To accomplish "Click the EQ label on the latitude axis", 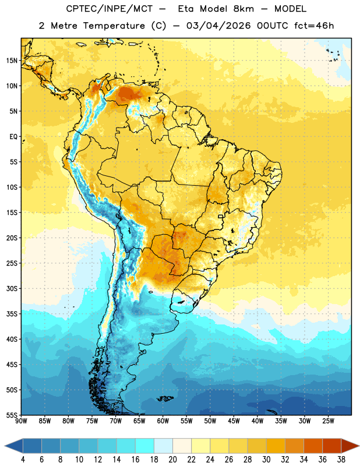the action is [13, 137].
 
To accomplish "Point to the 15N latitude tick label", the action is [12, 61].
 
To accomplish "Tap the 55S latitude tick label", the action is [12, 415].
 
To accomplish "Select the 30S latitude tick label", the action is [12, 288].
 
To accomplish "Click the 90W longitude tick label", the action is [22, 421].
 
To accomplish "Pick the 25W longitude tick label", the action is [328, 421].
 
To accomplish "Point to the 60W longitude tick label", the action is [163, 421].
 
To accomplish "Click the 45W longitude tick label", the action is [234, 421].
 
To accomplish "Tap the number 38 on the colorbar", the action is [341, 460].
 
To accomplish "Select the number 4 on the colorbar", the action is [23, 460].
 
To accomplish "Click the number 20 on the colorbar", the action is [172, 460].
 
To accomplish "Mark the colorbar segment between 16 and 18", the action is [145, 446].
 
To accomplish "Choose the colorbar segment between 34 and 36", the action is [313, 446].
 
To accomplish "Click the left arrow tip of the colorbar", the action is [5, 446].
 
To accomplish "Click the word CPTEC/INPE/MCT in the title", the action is [109, 9].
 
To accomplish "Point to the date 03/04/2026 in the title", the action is [218, 26].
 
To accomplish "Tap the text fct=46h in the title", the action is [314, 26].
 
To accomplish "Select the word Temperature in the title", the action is [114, 26].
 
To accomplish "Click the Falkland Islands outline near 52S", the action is [165, 398].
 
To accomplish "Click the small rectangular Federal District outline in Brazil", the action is [221, 216].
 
